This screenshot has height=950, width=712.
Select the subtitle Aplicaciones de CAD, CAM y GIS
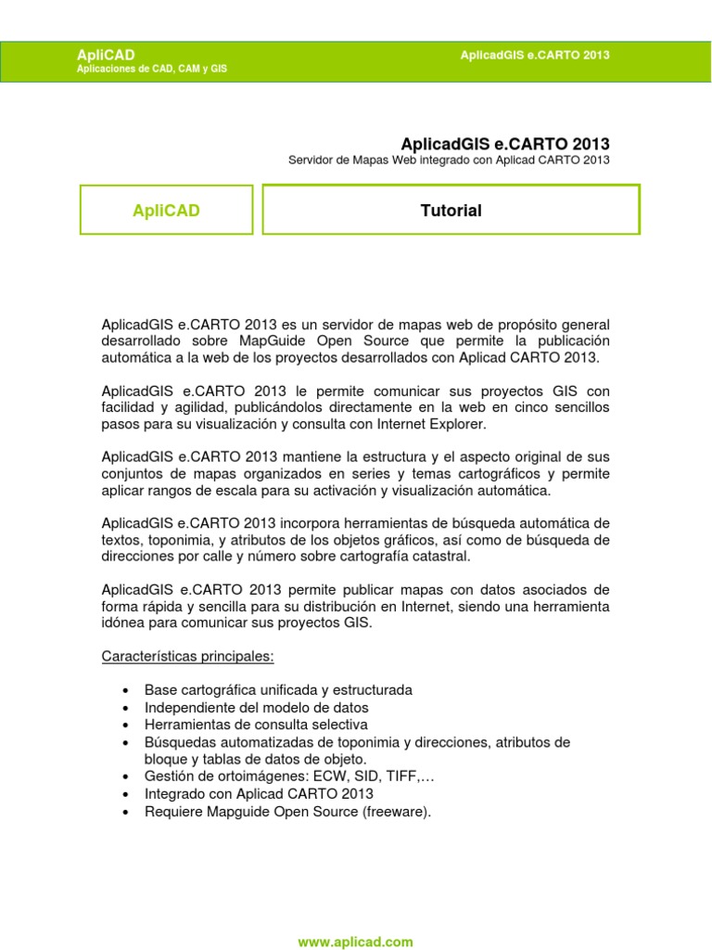click(152, 70)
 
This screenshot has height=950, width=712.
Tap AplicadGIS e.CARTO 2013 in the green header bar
click(535, 56)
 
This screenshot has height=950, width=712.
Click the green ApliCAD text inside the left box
click(167, 211)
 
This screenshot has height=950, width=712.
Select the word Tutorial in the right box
click(451, 211)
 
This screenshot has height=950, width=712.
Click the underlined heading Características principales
click(187, 656)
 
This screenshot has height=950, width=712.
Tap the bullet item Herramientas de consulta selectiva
click(256, 724)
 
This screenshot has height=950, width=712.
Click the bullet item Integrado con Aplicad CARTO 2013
click(259, 793)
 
